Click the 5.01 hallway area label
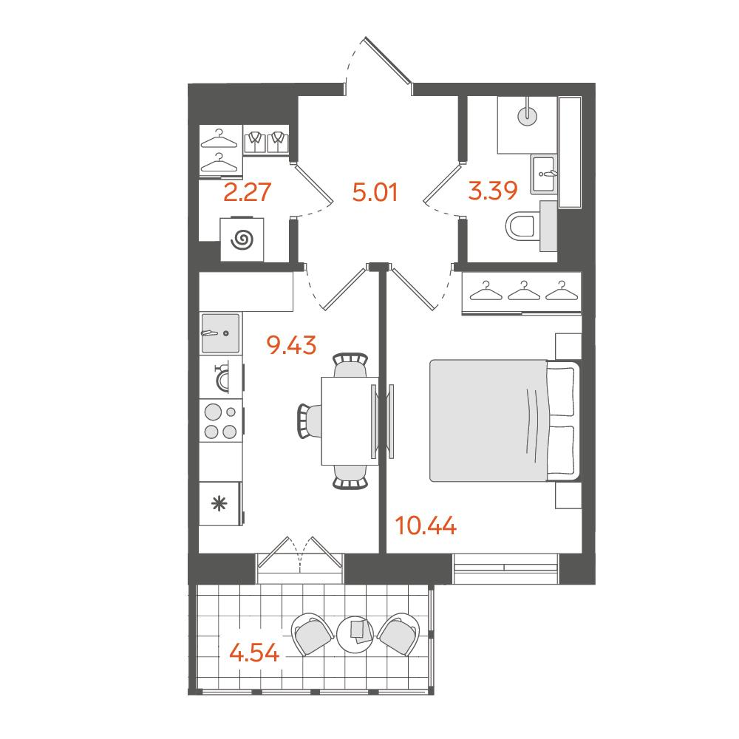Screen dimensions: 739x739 pyautogui.click(x=375, y=192)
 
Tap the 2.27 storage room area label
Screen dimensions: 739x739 pyautogui.click(x=248, y=192)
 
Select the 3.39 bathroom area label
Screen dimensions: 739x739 pyautogui.click(x=493, y=191)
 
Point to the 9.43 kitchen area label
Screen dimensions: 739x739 pyautogui.click(x=291, y=345)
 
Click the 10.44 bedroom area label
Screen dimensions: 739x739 pyautogui.click(x=426, y=525)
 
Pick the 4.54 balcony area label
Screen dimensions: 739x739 pyautogui.click(x=254, y=653)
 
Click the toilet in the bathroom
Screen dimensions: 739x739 pyautogui.click(x=520, y=226)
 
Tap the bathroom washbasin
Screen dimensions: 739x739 pyautogui.click(x=544, y=174)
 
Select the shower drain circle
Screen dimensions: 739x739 pyautogui.click(x=528, y=115)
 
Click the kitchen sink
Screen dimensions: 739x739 pyautogui.click(x=220, y=333)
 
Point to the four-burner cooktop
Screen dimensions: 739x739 pyautogui.click(x=221, y=421)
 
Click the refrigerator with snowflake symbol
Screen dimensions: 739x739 pyautogui.click(x=220, y=503)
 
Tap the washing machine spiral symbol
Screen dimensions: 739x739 pyautogui.click(x=242, y=239)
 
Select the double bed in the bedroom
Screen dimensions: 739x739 pyautogui.click(x=505, y=421)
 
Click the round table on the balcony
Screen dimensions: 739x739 pyautogui.click(x=355, y=634)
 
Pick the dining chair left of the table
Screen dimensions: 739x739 pyautogui.click(x=309, y=420)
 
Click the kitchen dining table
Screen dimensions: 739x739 pyautogui.click(x=350, y=421)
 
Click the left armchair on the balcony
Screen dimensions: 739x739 pyautogui.click(x=313, y=634)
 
